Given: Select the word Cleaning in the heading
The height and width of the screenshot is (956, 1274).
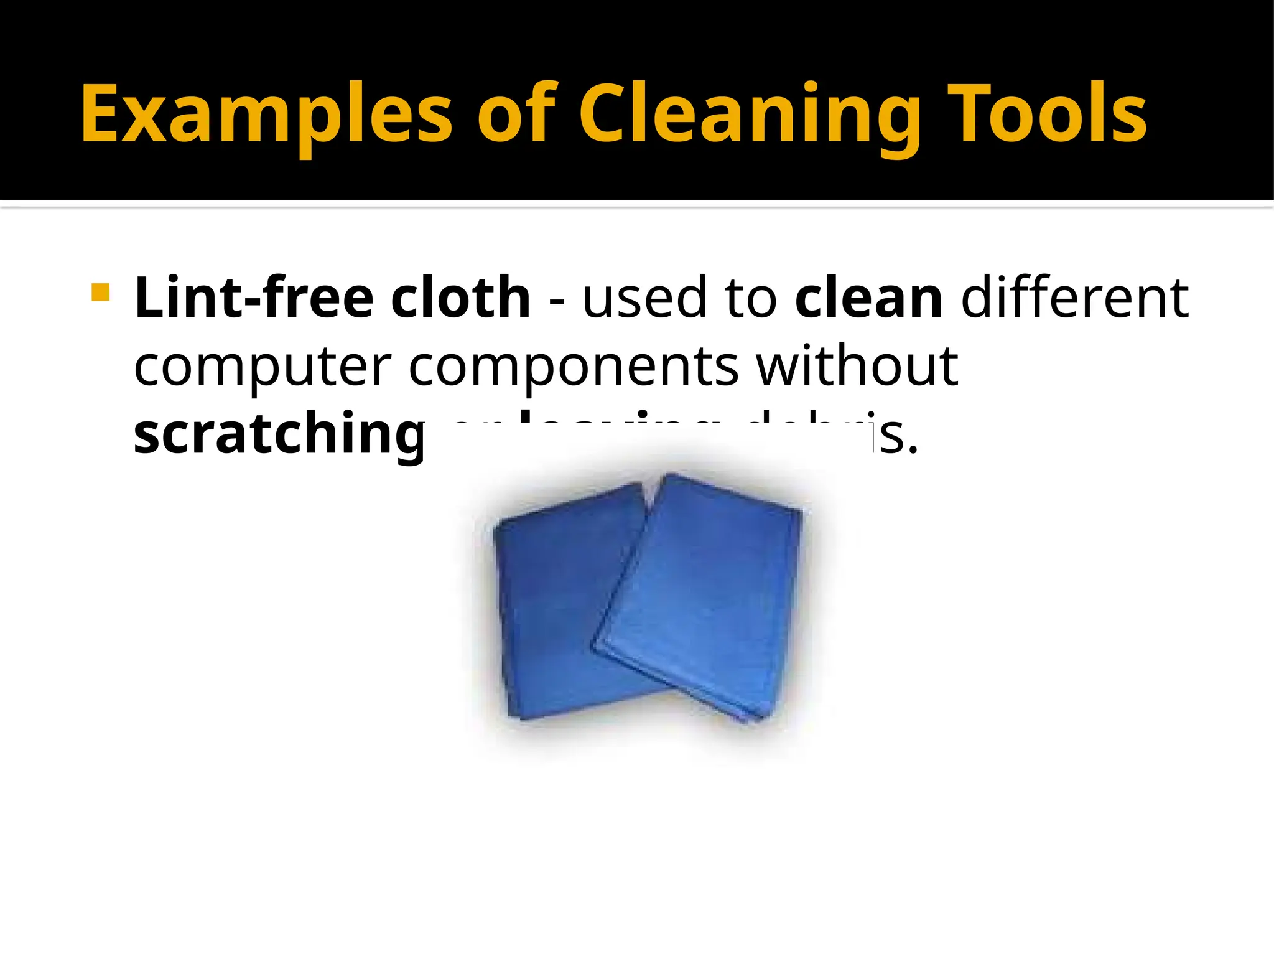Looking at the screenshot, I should (750, 115).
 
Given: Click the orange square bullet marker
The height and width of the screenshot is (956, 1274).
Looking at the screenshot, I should (100, 293).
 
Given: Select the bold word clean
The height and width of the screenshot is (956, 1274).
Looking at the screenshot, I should (868, 299).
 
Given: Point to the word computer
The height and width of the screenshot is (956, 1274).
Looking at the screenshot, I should (263, 367).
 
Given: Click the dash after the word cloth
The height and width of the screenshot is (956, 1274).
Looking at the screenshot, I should (557, 302).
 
